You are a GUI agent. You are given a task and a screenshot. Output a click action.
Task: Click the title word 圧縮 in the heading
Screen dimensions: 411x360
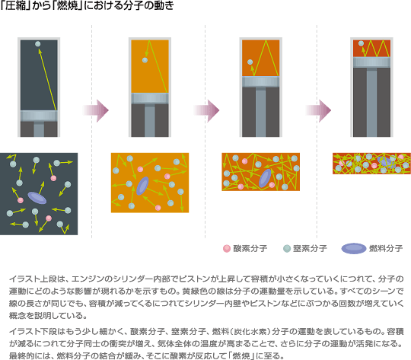15,5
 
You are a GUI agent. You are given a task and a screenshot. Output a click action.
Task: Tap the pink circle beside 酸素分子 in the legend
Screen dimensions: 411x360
227,248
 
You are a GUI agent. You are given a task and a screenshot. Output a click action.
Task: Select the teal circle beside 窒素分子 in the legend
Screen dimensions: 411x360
287,248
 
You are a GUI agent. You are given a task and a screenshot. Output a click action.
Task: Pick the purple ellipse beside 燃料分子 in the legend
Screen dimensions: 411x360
354,248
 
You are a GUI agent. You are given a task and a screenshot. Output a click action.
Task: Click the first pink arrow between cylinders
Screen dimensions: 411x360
96,110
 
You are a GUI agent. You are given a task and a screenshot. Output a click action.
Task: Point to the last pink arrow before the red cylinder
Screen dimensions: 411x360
318,110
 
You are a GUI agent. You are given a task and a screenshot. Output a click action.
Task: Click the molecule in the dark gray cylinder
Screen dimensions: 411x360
38,44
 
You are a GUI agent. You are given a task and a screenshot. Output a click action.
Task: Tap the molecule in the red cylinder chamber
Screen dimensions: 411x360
362,43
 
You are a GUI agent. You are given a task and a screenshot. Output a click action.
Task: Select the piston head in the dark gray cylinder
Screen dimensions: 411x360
39,116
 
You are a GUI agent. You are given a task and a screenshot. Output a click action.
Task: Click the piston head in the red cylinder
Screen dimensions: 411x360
371,62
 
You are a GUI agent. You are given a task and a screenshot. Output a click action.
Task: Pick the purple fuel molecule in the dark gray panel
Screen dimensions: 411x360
37,198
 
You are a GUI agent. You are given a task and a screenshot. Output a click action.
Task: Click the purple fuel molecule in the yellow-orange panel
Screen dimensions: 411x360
142,186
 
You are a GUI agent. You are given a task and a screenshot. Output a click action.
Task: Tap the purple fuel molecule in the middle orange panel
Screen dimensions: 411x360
265,178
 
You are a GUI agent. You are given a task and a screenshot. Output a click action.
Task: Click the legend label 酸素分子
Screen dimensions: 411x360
250,248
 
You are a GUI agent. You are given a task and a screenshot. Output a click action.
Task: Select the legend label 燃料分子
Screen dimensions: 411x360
386,248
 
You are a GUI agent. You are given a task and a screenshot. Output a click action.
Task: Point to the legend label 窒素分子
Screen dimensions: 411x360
310,248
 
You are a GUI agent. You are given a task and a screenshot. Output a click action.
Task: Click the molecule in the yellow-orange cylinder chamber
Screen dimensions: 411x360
145,60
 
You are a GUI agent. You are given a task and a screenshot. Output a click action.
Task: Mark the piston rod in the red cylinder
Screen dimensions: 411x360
371,102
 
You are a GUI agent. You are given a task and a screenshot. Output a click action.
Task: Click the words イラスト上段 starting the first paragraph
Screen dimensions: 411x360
33,279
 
